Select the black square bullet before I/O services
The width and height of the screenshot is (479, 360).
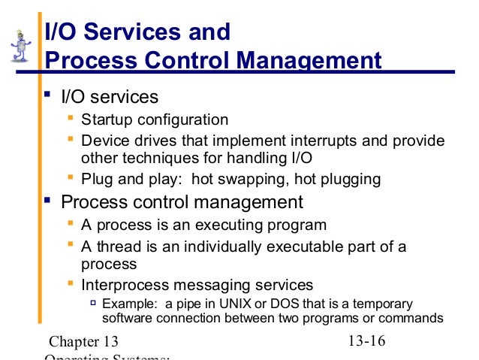tap(47, 95)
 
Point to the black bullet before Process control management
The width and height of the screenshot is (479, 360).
tap(47, 201)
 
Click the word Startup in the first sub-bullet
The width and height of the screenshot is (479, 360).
tap(106, 119)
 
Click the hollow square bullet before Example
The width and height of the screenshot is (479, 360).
tap(94, 303)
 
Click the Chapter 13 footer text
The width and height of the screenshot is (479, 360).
tap(82, 342)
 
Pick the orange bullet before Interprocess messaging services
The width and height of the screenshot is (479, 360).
tap(71, 284)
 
